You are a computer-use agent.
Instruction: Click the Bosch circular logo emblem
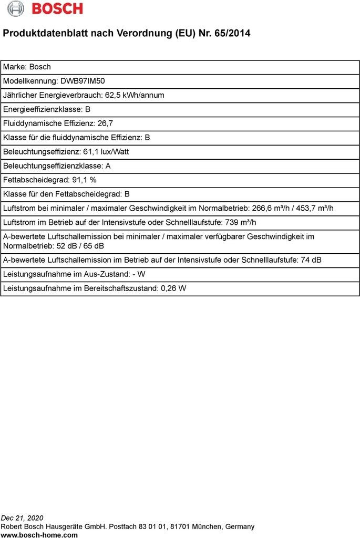click(15, 8)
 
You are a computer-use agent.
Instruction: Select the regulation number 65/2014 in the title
click(232, 33)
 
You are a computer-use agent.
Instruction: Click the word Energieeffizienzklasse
click(42, 109)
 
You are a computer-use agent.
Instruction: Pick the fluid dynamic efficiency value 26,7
click(105, 123)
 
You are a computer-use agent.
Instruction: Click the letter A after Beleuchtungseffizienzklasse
click(108, 166)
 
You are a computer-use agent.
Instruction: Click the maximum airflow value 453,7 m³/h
click(312, 208)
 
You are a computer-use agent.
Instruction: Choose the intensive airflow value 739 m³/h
click(241, 222)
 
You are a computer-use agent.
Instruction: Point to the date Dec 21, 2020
click(22, 518)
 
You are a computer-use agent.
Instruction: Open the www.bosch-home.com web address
click(39, 535)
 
